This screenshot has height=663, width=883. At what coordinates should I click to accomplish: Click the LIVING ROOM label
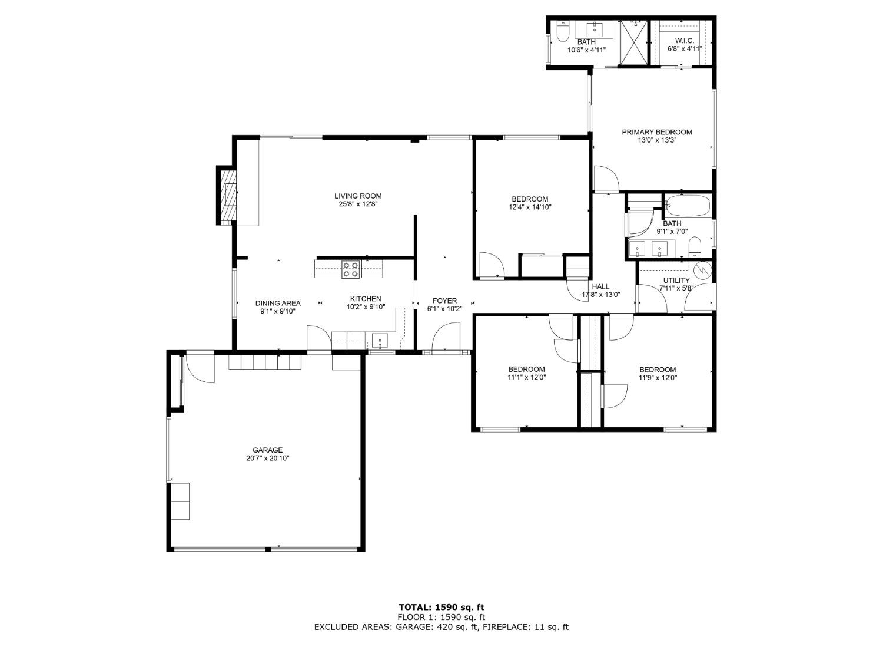tap(358, 196)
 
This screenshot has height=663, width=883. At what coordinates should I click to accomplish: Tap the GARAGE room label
tap(267, 450)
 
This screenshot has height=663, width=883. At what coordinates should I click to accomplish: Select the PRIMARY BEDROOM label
tap(657, 132)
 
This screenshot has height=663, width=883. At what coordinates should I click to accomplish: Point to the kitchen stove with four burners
tap(351, 269)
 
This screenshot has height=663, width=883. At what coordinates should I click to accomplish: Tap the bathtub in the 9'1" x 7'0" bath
tap(687, 206)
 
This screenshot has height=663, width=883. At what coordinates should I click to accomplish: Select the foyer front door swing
tap(446, 337)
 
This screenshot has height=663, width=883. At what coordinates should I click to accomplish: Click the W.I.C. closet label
tap(684, 41)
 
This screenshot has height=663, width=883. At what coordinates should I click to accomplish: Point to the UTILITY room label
tap(676, 280)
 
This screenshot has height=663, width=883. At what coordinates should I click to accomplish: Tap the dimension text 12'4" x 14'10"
tap(530, 207)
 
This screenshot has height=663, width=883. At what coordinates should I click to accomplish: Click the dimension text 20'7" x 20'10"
tap(267, 458)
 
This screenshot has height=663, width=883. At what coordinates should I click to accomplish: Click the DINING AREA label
tap(278, 303)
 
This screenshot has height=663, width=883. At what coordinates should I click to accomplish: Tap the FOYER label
tap(444, 301)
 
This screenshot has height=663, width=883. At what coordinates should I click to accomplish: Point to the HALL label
tap(600, 286)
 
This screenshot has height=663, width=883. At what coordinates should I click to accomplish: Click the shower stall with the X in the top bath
tap(634, 42)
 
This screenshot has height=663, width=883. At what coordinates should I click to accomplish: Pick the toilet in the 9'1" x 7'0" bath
tap(695, 247)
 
